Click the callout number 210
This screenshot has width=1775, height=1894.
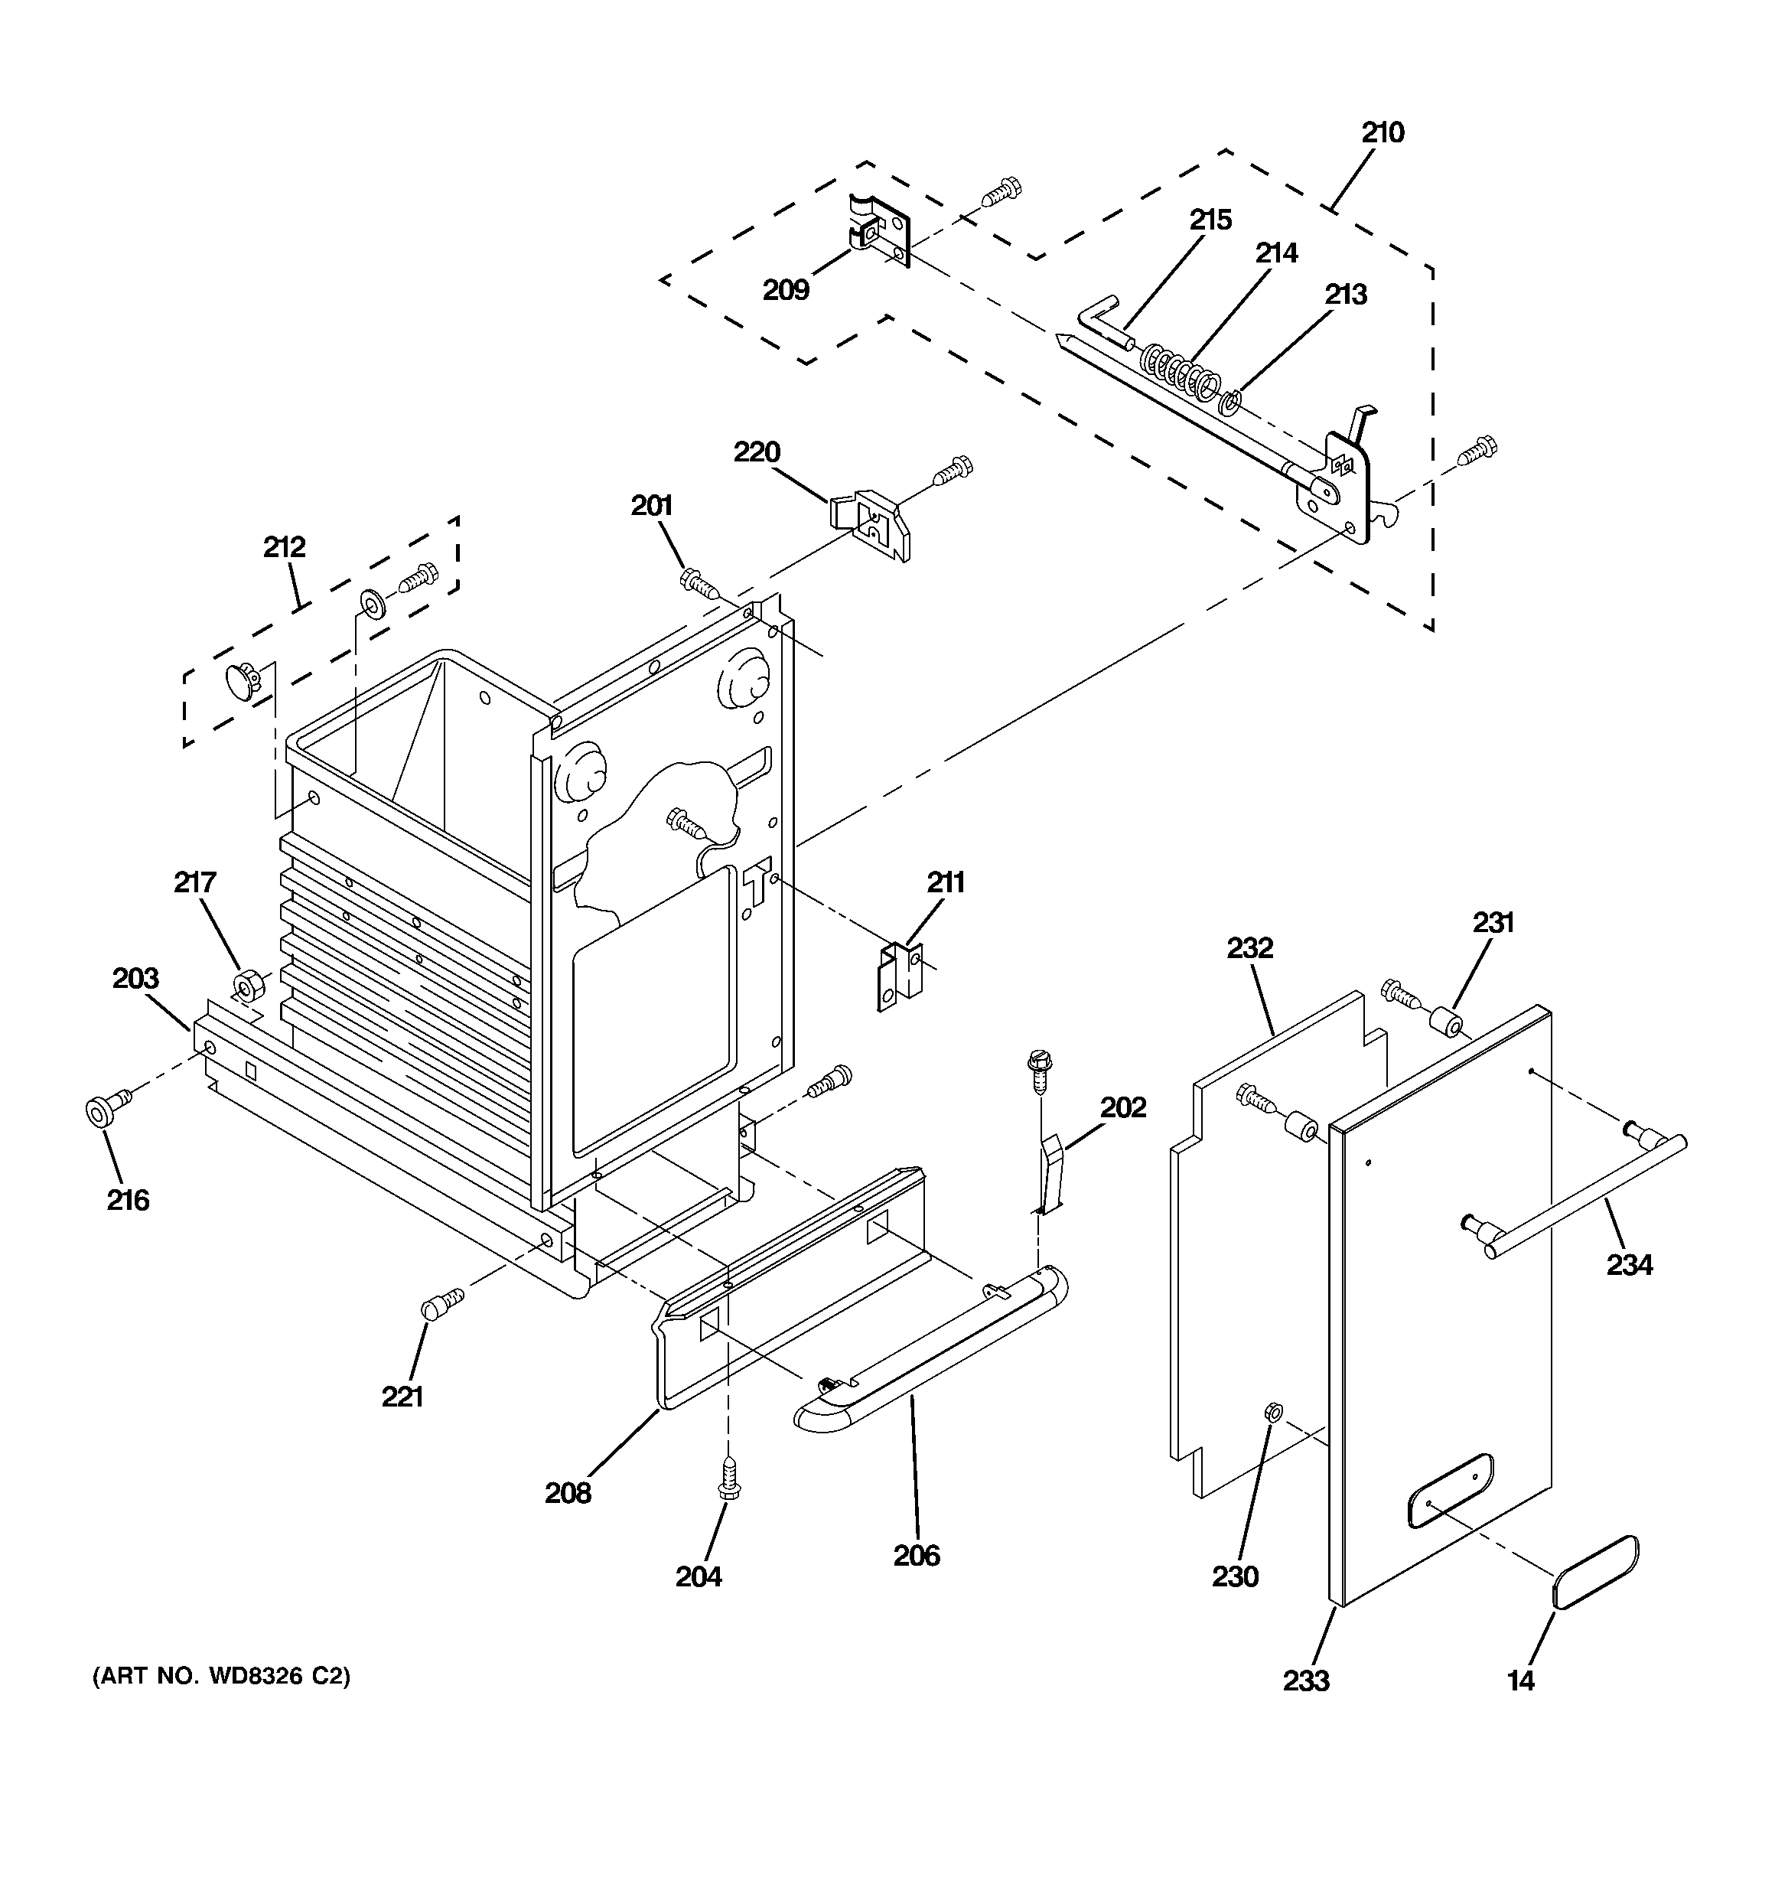(x=1382, y=132)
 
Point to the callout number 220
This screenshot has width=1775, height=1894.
(x=757, y=451)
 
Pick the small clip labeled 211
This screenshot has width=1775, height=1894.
(x=900, y=976)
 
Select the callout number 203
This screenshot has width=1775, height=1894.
(x=135, y=979)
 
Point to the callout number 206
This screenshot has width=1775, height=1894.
(x=917, y=1556)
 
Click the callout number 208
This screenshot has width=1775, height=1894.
(x=568, y=1493)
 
